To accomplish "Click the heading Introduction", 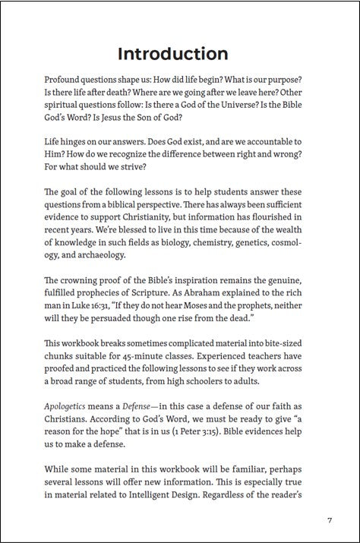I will point(173,54).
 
